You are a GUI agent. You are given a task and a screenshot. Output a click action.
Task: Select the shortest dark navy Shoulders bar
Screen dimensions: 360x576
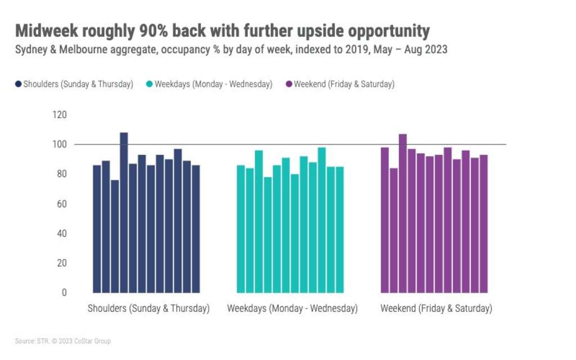pyautogui.click(x=115, y=236)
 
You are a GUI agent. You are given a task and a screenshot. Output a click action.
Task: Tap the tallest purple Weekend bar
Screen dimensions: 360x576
pyautogui.click(x=403, y=213)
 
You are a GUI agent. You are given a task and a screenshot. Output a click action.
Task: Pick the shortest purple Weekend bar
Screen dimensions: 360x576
pyautogui.click(x=394, y=230)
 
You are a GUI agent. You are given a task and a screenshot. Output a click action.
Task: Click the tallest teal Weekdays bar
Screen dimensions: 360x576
pyautogui.click(x=322, y=220)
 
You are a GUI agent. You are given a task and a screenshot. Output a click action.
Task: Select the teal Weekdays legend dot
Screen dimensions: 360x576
pyautogui.click(x=150, y=84)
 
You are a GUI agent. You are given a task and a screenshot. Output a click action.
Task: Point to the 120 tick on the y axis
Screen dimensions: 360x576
pyautogui.click(x=60, y=115)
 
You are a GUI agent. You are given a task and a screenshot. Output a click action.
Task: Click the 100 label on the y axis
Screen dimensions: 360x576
pyautogui.click(x=60, y=145)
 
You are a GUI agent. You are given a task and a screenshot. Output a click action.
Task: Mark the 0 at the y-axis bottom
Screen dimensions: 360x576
pyautogui.click(x=64, y=292)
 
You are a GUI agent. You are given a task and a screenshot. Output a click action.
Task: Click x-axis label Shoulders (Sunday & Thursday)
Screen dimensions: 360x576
pyautogui.click(x=148, y=309)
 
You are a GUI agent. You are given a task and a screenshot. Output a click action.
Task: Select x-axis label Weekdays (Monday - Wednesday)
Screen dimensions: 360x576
pyautogui.click(x=292, y=309)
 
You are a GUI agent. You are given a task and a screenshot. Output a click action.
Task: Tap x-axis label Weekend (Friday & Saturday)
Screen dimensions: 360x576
pyautogui.click(x=436, y=309)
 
